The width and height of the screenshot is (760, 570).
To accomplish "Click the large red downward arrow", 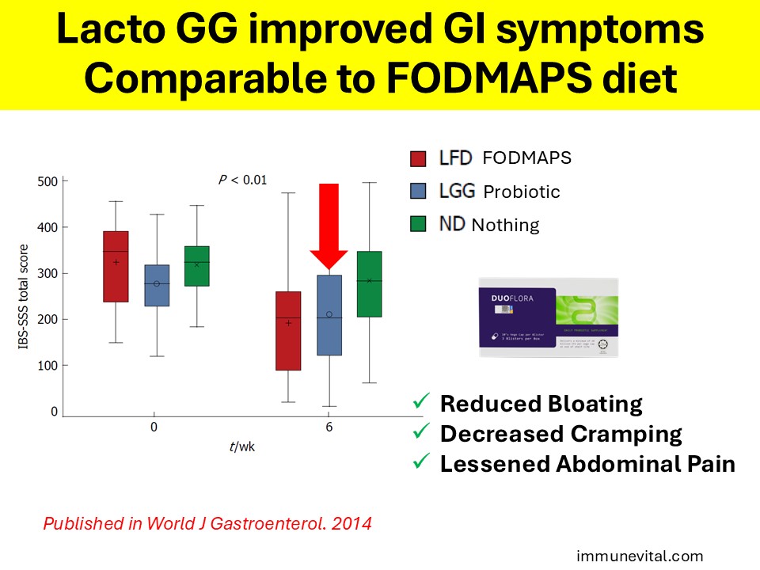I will [329, 226].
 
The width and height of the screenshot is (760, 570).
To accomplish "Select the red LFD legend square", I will [418, 158].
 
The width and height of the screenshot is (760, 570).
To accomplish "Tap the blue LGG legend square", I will [418, 191].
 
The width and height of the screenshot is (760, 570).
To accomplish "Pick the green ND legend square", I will [418, 224].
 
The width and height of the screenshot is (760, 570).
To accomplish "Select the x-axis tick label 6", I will [329, 427].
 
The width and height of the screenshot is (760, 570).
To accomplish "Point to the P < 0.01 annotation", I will [243, 180].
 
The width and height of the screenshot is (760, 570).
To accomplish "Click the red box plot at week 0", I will [116, 266].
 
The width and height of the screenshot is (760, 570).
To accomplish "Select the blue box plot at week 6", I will [329, 315].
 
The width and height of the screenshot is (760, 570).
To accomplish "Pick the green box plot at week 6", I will [369, 284].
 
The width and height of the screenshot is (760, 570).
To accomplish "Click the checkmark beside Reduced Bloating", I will [420, 404].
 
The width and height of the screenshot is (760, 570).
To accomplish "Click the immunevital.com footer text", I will [639, 557].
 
